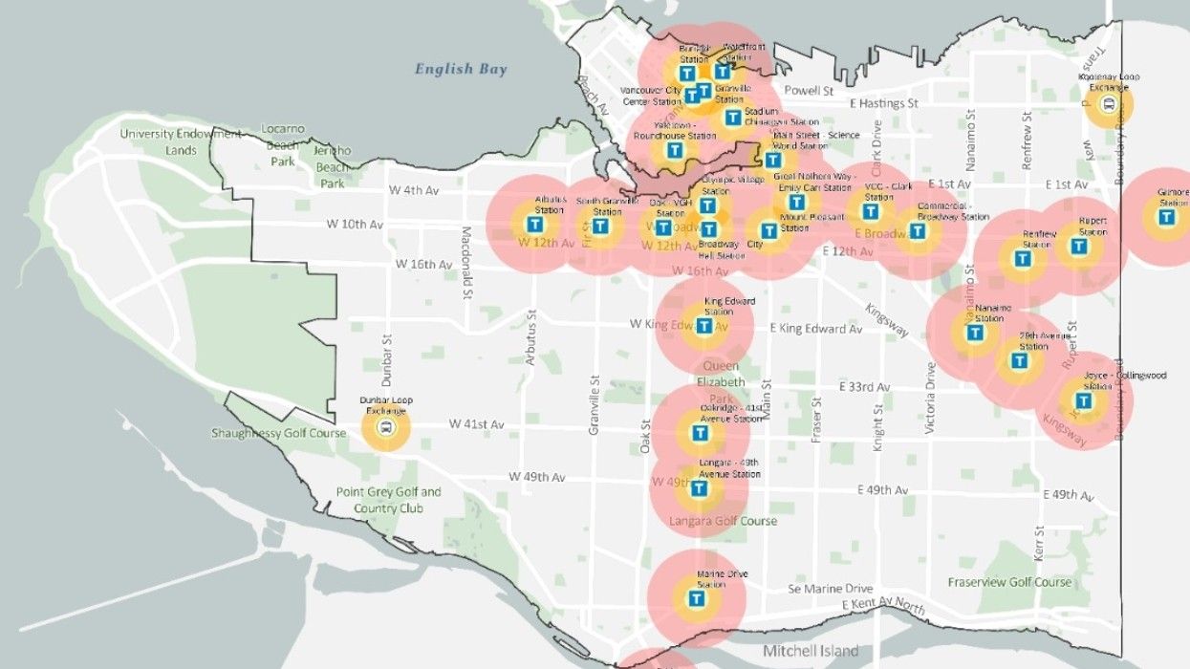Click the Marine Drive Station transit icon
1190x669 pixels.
697,600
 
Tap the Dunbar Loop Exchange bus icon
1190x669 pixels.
385,428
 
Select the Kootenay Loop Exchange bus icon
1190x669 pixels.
1109,104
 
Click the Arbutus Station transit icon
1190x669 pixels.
536,225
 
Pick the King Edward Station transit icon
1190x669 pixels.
704,326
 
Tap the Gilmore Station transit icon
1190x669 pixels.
1166,217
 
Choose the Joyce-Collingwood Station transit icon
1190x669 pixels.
1083,401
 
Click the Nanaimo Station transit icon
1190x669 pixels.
974,333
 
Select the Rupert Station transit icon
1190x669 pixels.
1079,247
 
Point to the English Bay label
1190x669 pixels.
461,69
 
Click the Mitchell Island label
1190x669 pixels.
810,651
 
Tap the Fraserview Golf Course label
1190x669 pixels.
1010,582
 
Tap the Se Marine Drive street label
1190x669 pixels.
831,589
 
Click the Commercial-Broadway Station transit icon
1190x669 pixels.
918,230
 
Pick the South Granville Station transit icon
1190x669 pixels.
599,227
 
